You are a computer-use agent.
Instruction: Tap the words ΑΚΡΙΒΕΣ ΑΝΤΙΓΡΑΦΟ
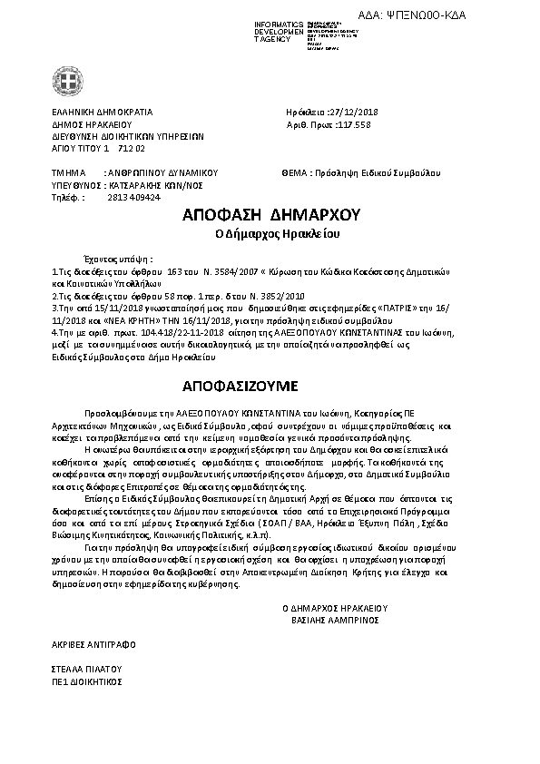pos(93,643)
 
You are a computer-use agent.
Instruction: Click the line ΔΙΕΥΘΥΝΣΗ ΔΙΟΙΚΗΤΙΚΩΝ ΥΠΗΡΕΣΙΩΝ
pos(115,136)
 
